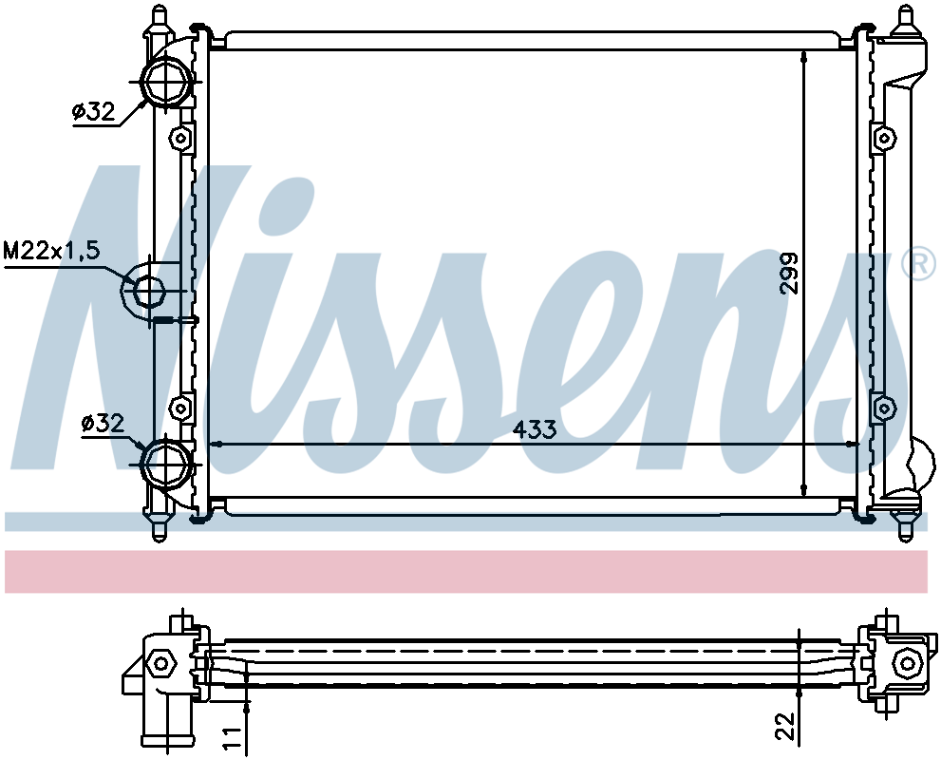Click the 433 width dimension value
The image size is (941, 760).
[x=535, y=429]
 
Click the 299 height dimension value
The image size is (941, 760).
[x=789, y=273]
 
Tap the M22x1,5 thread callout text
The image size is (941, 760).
[x=51, y=251]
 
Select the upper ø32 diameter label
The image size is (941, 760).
[x=93, y=111]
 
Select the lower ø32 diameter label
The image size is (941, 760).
[x=104, y=424]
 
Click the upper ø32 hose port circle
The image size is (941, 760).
[x=165, y=83]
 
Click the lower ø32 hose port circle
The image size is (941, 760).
[x=165, y=463]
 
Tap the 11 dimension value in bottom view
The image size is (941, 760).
[x=233, y=738]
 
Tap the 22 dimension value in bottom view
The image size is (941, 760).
[x=784, y=725]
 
